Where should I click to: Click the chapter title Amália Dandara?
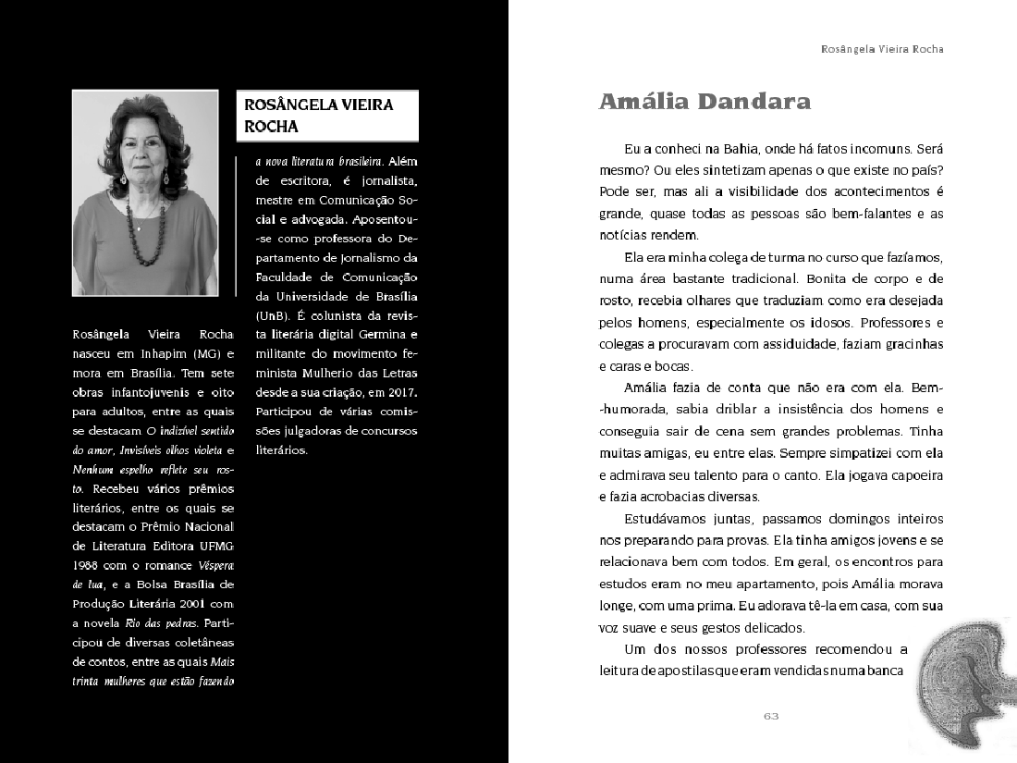coord(705,102)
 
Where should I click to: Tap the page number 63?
coord(772,715)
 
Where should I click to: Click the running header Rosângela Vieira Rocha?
coord(882,49)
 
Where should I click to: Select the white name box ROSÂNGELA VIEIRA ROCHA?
coord(327,116)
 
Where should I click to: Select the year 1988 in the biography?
coord(86,564)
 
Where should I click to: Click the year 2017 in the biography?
coord(399,392)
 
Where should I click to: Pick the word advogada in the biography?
coord(312,219)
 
